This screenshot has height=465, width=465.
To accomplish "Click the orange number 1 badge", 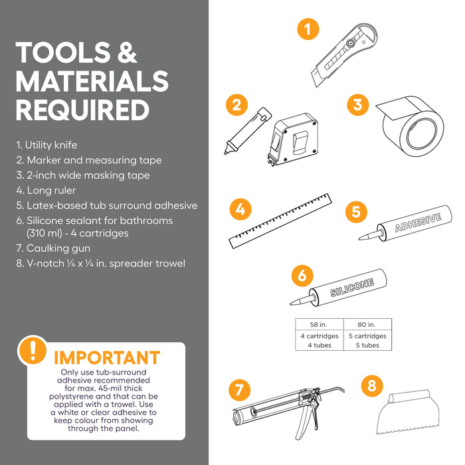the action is tap(308, 29).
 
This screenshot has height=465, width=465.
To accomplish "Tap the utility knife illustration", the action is tap(344, 55).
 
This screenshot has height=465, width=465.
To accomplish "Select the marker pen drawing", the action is tap(247, 131).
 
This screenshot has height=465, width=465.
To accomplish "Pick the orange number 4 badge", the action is tap(240, 209).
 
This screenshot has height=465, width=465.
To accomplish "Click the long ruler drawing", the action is tap(280, 221).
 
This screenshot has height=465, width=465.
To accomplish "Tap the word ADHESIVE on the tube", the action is tap(418, 223).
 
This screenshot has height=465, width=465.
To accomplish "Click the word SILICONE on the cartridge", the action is tap(352, 288).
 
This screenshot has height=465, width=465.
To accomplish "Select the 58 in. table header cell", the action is tap(318, 324).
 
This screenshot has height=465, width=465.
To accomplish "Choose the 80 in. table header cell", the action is tap(367, 324).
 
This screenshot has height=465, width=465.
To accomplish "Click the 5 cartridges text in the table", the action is tap(367, 335).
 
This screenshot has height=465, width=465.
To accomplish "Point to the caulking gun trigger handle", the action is tap(303, 420).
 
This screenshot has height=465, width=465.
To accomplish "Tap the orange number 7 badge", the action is tap(240, 390).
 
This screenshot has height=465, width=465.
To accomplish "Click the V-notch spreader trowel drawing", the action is tap(408, 413).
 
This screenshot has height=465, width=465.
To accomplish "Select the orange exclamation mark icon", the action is tap(33, 350).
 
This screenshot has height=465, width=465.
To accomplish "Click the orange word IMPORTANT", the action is tap(107, 357).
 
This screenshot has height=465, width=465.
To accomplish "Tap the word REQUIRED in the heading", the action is tap(82, 110).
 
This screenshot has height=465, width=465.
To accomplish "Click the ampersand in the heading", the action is tap(127, 52).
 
